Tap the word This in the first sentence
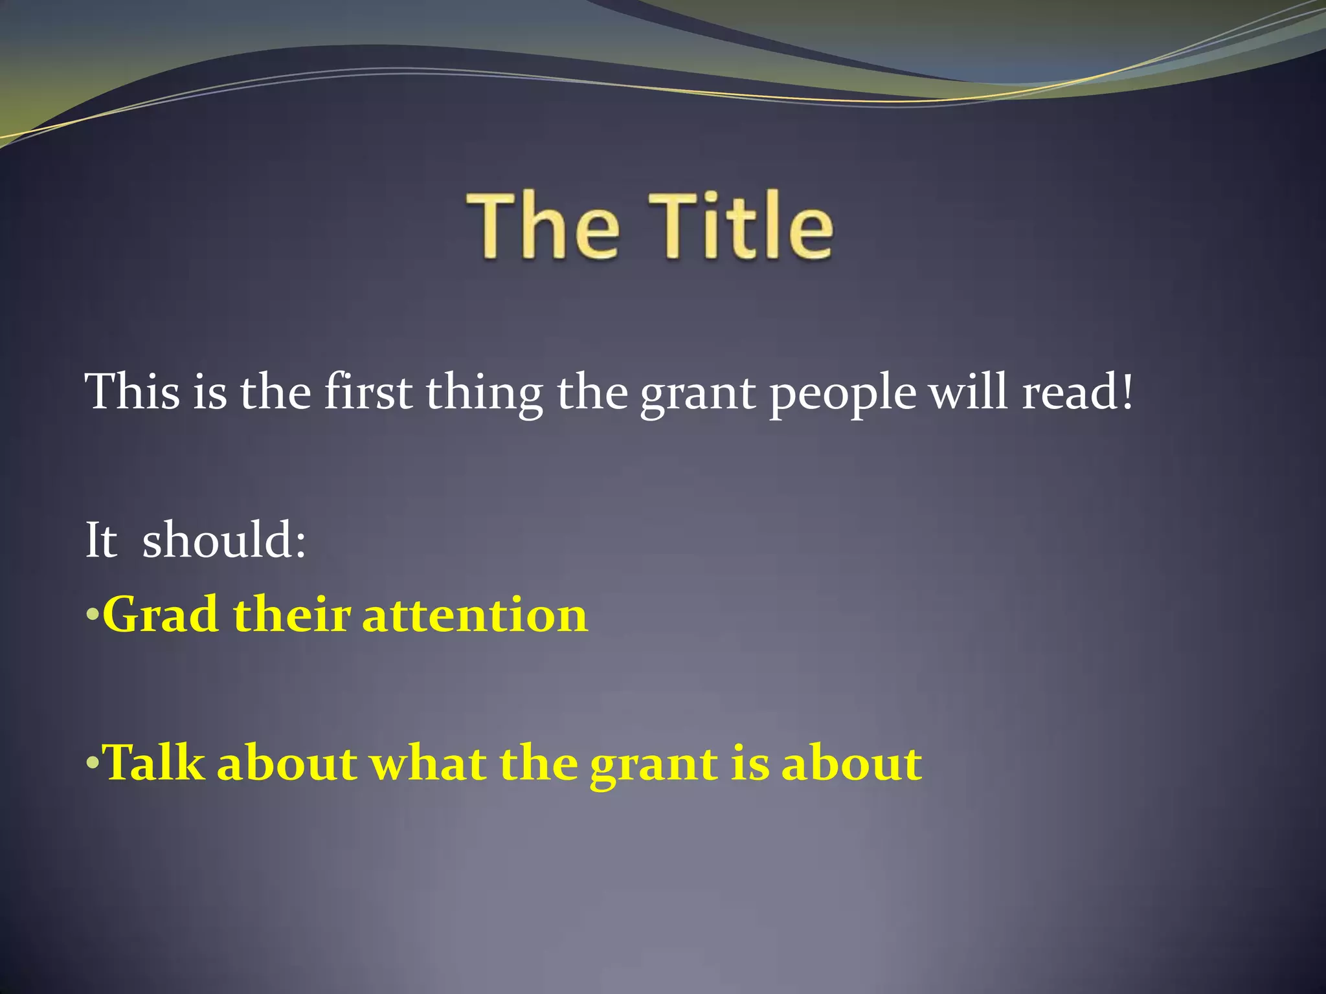132,392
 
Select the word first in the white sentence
368,392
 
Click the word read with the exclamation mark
1077,392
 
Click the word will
969,392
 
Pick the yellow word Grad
160,614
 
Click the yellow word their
291,614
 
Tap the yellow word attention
475,614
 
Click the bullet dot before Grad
92,614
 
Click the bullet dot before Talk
92,762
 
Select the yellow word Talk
154,762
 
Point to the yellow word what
428,762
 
